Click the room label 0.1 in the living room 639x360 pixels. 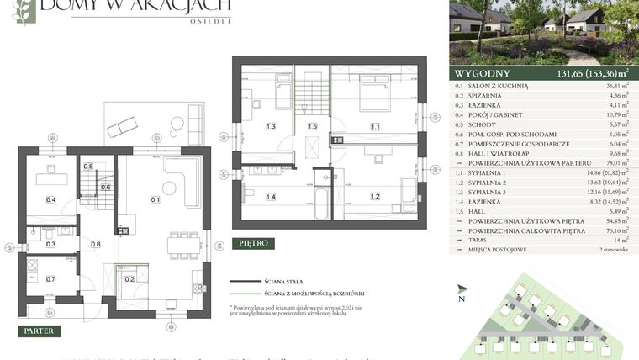[x=155, y=199]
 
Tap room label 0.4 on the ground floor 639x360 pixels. [x=50, y=199]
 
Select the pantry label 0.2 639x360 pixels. [x=129, y=278]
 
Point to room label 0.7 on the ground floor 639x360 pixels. [x=50, y=278]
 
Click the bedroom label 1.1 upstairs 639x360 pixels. [x=375, y=127]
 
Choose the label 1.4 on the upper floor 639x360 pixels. [x=271, y=197]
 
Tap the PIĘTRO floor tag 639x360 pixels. [x=253, y=243]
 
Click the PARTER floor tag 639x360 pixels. [x=39, y=331]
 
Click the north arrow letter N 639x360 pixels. [x=461, y=298]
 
